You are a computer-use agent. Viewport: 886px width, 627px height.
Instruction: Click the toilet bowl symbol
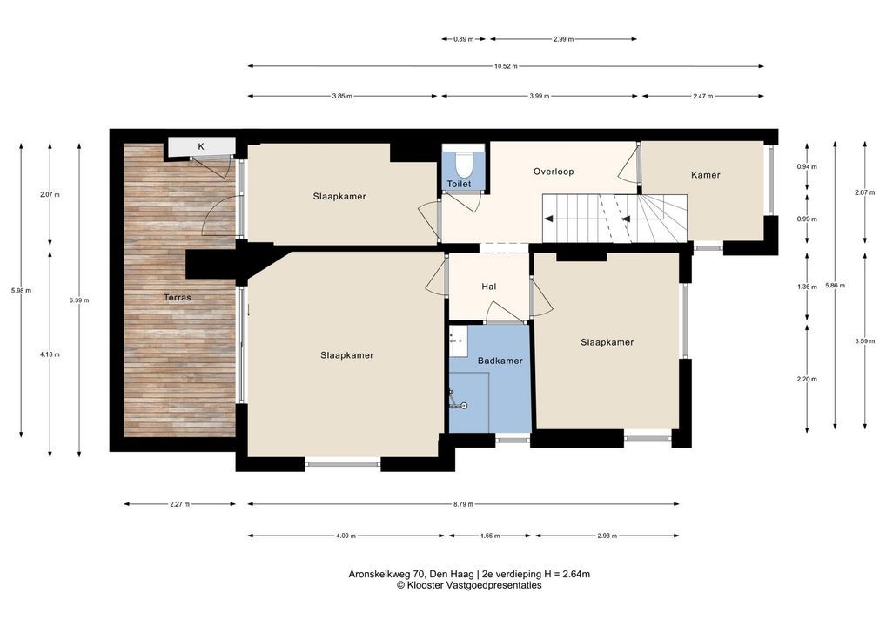coord(463,164)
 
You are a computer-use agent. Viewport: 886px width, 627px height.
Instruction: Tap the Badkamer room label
coord(500,361)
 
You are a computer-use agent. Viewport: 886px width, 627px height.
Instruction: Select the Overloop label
coord(554,172)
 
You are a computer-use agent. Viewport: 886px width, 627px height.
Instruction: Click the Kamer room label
coord(706,175)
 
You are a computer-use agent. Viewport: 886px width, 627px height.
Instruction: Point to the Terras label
coord(178,297)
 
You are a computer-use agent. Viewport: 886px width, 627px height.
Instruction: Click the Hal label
coord(489,287)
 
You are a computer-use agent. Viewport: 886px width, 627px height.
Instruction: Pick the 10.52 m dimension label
coord(506,66)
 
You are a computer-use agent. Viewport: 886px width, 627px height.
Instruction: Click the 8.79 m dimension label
coord(463,504)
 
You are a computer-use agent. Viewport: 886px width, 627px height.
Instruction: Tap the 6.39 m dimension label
coord(79,300)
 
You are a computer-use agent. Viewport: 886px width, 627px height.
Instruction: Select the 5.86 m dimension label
coord(835,286)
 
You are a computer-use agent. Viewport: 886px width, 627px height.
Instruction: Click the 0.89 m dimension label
coord(463,39)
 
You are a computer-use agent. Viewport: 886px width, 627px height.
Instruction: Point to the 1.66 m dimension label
coord(489,536)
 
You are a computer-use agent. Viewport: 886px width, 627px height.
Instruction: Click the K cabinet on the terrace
coord(200,146)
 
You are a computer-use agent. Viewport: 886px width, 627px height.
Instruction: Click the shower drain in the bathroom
coord(464,406)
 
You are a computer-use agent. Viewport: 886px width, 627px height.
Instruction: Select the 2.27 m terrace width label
coord(179,504)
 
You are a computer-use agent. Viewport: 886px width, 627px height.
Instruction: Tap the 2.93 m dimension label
coord(607,536)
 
